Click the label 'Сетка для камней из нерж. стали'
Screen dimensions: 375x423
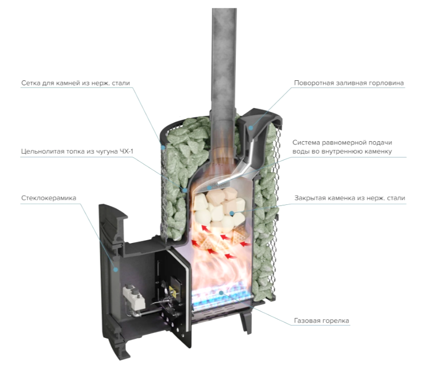coord(76,83)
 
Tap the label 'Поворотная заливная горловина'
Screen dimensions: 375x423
coord(349,83)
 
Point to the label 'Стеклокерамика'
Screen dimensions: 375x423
coord(49,197)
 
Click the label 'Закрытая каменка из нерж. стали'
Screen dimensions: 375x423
coord(349,198)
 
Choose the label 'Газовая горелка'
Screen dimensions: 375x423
coord(323,321)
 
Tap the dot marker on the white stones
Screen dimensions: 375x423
coord(231,213)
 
